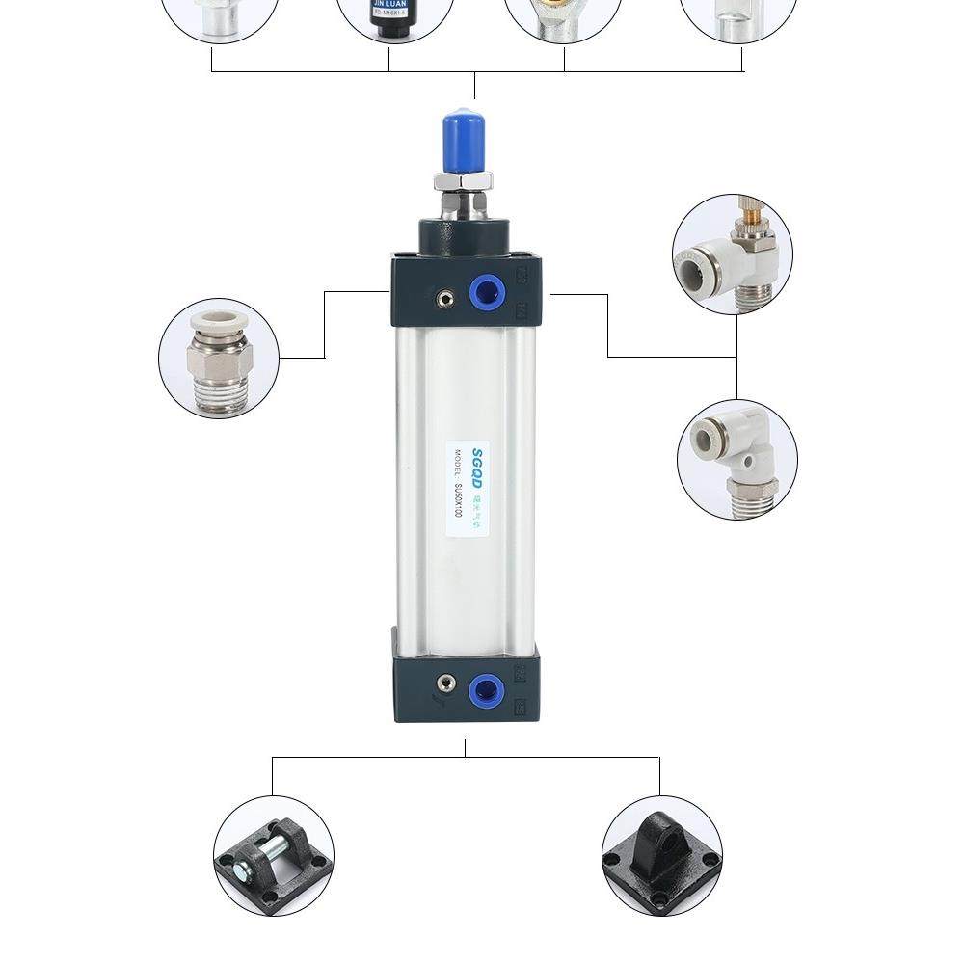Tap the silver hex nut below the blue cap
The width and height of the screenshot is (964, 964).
463,180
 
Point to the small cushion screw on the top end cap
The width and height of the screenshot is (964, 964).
444,298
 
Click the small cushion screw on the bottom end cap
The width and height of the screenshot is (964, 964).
444,684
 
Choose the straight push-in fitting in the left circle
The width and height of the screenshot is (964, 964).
220,358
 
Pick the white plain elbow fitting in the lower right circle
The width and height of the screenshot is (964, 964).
736,460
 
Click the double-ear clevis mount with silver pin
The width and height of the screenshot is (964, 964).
274,855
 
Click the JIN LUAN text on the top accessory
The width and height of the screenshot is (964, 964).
395,4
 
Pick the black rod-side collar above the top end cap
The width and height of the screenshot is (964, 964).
465,237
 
